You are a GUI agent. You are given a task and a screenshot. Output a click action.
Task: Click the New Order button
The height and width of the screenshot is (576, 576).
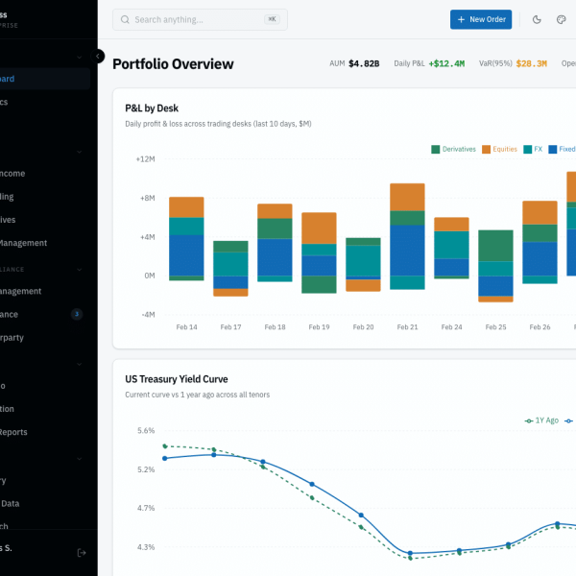tap(481, 19)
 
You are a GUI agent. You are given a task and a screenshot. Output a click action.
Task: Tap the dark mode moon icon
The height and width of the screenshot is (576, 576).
tap(537, 19)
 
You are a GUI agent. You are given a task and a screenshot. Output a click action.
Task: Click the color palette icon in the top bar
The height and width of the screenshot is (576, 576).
tap(562, 19)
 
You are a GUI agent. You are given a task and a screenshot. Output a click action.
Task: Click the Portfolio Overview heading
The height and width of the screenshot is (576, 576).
tap(173, 64)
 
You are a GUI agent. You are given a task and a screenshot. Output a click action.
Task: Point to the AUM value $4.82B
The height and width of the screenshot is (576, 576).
tap(364, 64)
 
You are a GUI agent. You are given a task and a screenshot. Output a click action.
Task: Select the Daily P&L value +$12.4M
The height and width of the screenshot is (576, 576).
tap(446, 64)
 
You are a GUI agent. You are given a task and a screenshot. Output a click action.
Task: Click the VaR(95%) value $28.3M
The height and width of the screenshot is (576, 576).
tap(531, 64)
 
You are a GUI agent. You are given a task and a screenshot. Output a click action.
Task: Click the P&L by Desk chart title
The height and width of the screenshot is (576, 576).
tap(152, 108)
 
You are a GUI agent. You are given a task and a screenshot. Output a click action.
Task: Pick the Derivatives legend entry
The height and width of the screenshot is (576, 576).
tap(454, 149)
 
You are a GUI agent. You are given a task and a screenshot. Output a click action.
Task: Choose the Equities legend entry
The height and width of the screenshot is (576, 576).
tap(499, 149)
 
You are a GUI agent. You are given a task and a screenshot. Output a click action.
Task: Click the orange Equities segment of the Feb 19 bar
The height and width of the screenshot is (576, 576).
tap(319, 228)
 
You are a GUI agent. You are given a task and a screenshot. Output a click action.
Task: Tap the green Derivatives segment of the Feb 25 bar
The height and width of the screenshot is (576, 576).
tap(495, 246)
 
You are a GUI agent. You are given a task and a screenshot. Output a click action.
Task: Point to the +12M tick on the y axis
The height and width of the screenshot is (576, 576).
tap(145, 158)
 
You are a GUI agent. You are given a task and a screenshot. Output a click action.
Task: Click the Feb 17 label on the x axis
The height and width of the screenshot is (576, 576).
tap(230, 327)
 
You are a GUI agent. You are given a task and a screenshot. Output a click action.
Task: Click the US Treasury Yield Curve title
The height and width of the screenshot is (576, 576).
tap(177, 379)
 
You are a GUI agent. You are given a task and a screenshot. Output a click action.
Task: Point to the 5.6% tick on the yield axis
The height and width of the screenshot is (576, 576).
tap(145, 431)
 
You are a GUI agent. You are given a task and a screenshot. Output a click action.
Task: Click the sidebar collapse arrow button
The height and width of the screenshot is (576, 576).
tap(98, 56)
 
